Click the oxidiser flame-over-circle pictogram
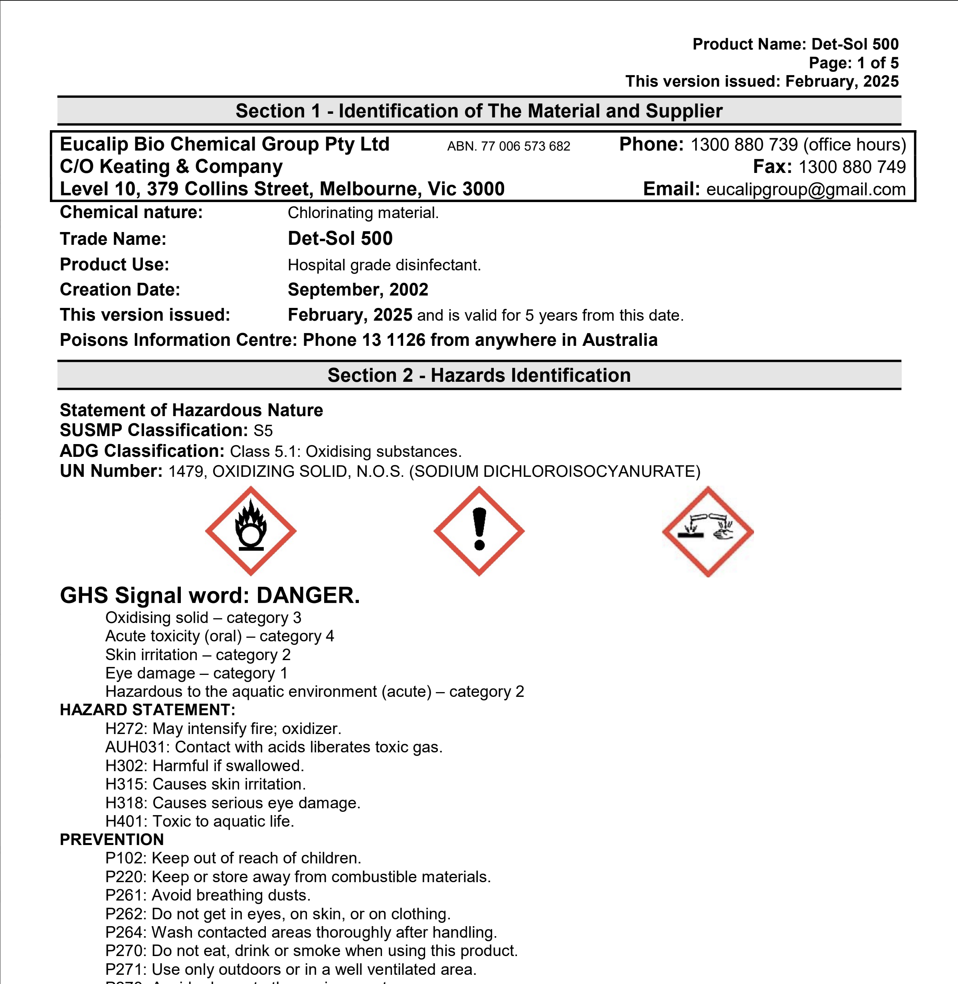coord(251,531)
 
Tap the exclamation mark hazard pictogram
coord(479,531)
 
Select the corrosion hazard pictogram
coord(707,532)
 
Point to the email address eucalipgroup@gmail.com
coord(806,189)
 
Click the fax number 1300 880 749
coord(852,167)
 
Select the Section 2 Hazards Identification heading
coord(479,375)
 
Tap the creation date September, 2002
coord(358,290)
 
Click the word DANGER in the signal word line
coord(307,595)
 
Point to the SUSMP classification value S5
coord(263,431)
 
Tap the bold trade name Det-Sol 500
coord(340,238)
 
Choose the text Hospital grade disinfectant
coord(384,265)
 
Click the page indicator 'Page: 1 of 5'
coord(853,63)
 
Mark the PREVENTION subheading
coord(112,839)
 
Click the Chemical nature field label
coord(131,212)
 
